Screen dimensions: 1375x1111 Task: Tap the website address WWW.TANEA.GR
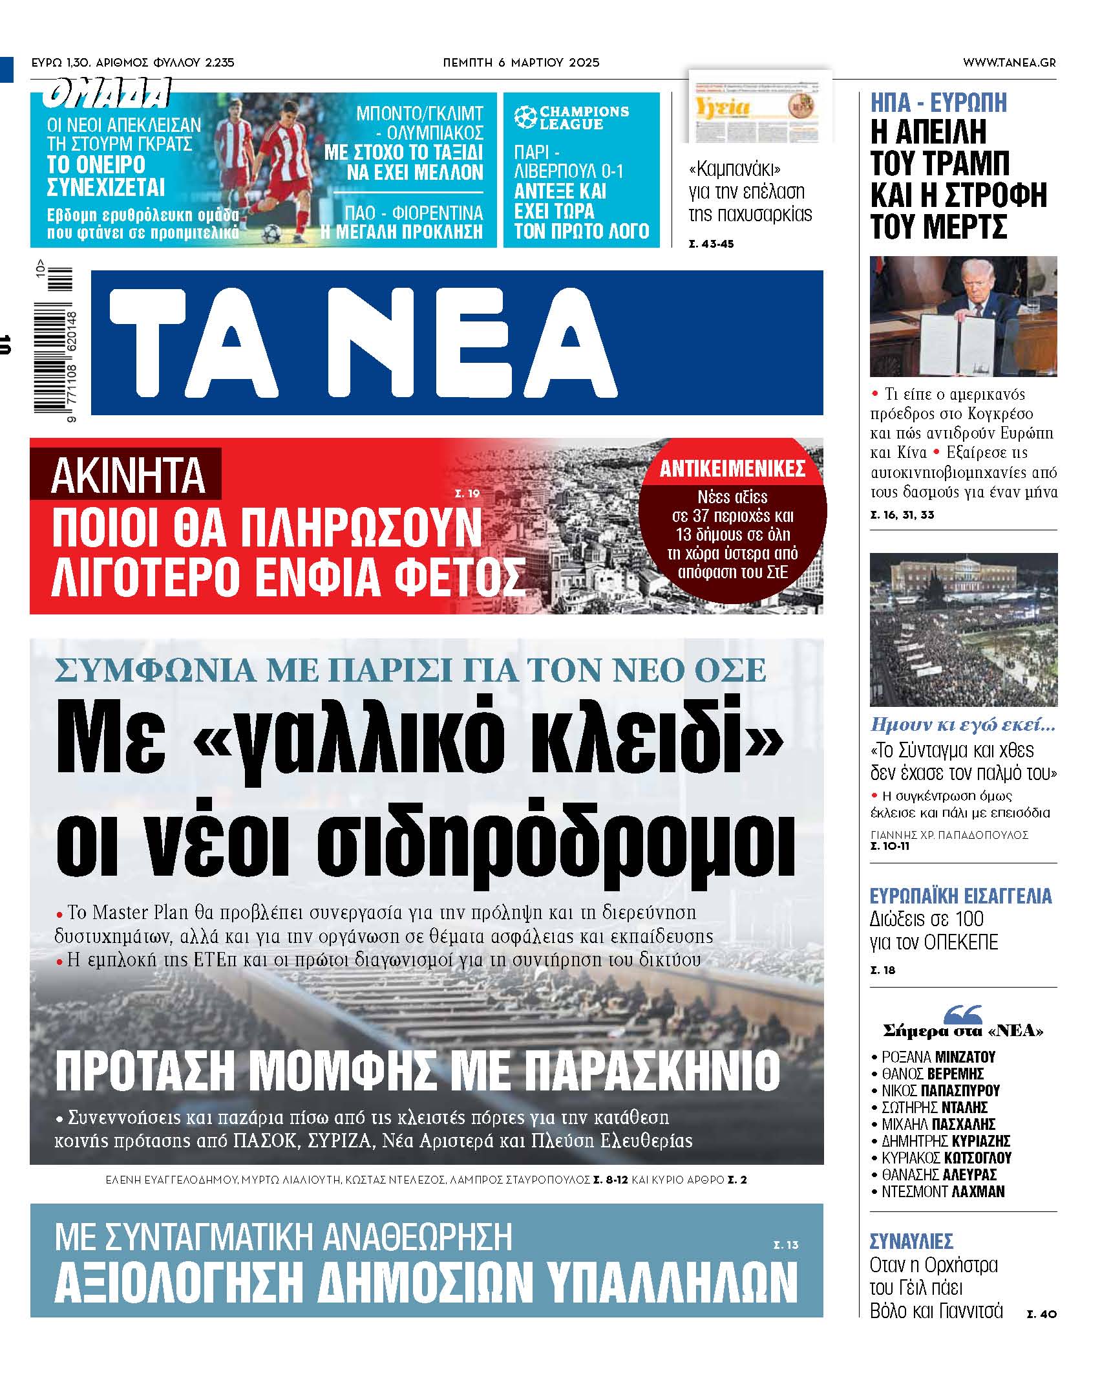(1009, 63)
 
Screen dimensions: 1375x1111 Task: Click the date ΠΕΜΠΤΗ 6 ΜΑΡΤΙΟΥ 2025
(521, 63)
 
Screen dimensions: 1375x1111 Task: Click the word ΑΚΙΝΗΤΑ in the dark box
(127, 475)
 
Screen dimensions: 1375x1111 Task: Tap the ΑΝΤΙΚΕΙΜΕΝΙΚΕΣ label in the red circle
(732, 469)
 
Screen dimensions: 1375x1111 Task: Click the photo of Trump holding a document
(963, 316)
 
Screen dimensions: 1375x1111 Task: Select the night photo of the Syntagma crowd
(963, 629)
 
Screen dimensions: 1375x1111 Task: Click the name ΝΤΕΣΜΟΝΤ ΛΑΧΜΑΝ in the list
(943, 1191)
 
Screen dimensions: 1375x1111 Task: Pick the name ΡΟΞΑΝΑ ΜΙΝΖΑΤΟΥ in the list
(938, 1057)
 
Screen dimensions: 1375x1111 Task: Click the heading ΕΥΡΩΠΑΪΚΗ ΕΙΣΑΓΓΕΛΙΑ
(960, 896)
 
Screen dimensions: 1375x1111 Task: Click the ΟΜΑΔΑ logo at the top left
(107, 92)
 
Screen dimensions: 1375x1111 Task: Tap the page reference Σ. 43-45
(711, 244)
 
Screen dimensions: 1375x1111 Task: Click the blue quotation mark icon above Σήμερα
(963, 1014)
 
